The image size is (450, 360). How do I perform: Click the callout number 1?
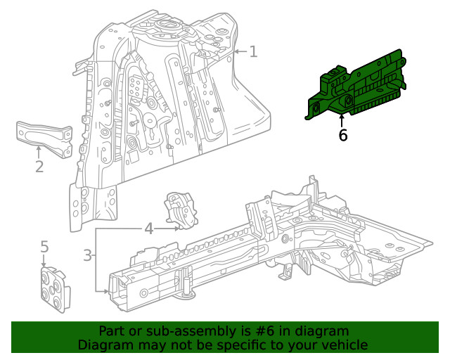pyautogui.click(x=253, y=51)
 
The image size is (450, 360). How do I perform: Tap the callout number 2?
pyautogui.click(x=39, y=167)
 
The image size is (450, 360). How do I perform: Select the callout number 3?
pyautogui.click(x=88, y=255)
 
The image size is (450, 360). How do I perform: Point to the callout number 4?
pyautogui.click(x=148, y=229)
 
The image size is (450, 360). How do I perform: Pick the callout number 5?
pyautogui.click(x=44, y=246)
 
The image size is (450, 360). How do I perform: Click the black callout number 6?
pyautogui.click(x=343, y=135)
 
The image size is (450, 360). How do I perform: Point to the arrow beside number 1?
pyautogui.click(x=239, y=51)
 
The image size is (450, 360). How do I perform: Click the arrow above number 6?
pyautogui.click(x=343, y=118)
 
